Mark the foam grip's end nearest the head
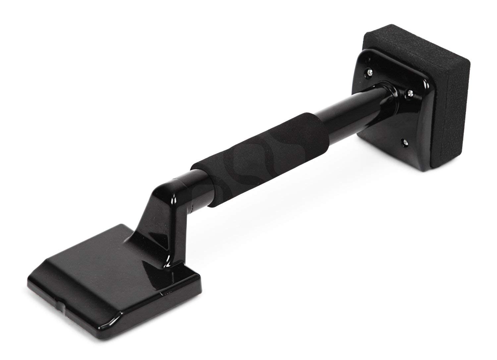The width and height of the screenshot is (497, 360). tap(202, 186)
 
